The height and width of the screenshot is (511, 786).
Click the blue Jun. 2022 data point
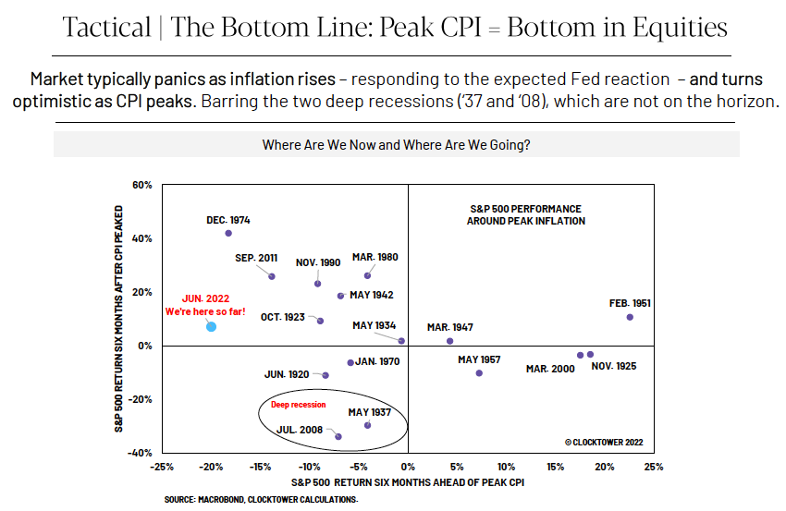(211, 326)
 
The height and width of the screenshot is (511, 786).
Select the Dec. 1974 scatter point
(228, 234)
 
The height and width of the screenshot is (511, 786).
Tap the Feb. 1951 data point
(630, 317)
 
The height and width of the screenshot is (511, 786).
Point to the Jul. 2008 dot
(338, 437)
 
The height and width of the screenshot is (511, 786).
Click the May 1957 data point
(479, 373)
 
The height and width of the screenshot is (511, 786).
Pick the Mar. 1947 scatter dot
(449, 341)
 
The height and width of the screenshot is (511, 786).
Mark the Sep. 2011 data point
(272, 276)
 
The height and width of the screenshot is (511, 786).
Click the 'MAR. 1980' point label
(375, 257)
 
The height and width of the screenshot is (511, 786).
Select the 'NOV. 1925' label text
(614, 366)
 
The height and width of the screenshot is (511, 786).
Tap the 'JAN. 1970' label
(377, 361)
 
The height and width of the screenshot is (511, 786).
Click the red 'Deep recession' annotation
(299, 405)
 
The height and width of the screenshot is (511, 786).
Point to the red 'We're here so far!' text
(205, 311)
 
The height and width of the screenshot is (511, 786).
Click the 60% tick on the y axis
(141, 185)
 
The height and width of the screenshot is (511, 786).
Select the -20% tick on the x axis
(211, 467)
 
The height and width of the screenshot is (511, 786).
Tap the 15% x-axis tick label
(555, 467)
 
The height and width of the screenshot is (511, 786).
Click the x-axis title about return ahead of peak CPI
(408, 482)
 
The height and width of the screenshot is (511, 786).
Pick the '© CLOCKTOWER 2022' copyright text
(604, 443)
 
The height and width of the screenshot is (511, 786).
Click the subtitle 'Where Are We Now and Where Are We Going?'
(396, 145)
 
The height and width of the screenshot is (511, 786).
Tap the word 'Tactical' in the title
(106, 27)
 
